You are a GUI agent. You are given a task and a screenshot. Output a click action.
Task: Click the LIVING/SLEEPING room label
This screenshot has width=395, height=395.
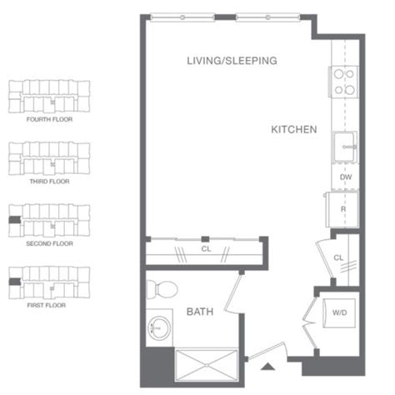point(231,61)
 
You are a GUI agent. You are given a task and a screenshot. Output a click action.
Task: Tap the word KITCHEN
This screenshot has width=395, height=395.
point(294,130)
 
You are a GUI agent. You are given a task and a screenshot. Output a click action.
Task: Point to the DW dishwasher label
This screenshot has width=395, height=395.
point(344,177)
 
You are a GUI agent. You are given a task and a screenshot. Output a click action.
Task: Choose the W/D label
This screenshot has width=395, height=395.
point(341,313)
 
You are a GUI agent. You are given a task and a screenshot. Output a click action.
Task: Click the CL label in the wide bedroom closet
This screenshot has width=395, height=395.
point(205,247)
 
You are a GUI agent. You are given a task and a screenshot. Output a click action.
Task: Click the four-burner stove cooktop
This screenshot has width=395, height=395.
point(344,81)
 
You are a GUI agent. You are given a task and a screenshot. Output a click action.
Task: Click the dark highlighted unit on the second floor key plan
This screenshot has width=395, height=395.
point(12,220)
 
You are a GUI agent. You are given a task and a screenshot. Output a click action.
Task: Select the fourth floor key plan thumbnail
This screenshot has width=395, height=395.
point(47,96)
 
